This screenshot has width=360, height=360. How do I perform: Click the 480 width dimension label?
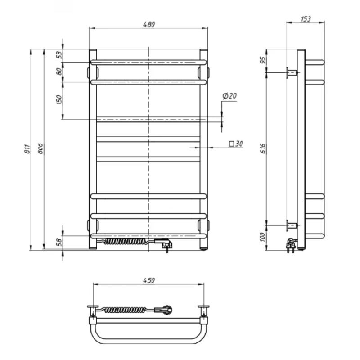[x=149, y=24]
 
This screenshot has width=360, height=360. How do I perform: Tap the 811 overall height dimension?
[x=27, y=149]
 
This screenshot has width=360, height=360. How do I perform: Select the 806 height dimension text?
[x=40, y=149]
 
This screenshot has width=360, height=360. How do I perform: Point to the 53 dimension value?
[x=59, y=55]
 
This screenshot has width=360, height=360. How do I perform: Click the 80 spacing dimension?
[x=59, y=72]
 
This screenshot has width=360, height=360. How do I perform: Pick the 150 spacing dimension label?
[x=59, y=99]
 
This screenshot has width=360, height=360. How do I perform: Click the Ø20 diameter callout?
[x=229, y=96]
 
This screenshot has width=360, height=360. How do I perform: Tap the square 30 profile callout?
[x=236, y=144]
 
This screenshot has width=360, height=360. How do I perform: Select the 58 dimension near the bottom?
[x=59, y=243]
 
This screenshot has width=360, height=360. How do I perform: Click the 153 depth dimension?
[x=306, y=19]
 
